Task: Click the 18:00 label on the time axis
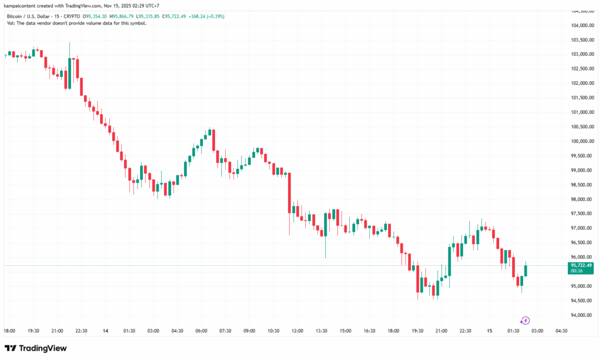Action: click(10, 331)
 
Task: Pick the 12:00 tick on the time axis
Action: click(297, 331)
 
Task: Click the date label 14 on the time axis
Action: click(106, 331)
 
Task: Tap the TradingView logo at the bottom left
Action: click(36, 348)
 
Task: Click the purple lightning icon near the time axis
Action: click(525, 321)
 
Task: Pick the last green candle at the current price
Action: click(526, 270)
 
